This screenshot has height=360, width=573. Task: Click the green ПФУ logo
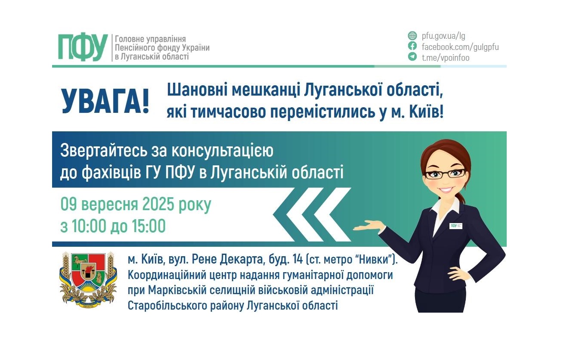tap(83, 47)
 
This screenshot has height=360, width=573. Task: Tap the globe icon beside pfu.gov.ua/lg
tap(412, 36)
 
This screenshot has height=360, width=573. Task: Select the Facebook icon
tap(412, 47)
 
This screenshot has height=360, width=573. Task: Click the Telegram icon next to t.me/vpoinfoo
tap(412, 57)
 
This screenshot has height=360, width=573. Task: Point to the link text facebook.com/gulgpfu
tap(460, 47)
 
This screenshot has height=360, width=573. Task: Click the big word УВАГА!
tap(105, 101)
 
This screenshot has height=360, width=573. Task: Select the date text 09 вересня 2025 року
tap(136, 205)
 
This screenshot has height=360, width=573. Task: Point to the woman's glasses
tap(445, 174)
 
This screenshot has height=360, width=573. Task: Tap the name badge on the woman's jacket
tap(455, 226)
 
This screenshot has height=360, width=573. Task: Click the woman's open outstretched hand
tap(369, 226)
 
